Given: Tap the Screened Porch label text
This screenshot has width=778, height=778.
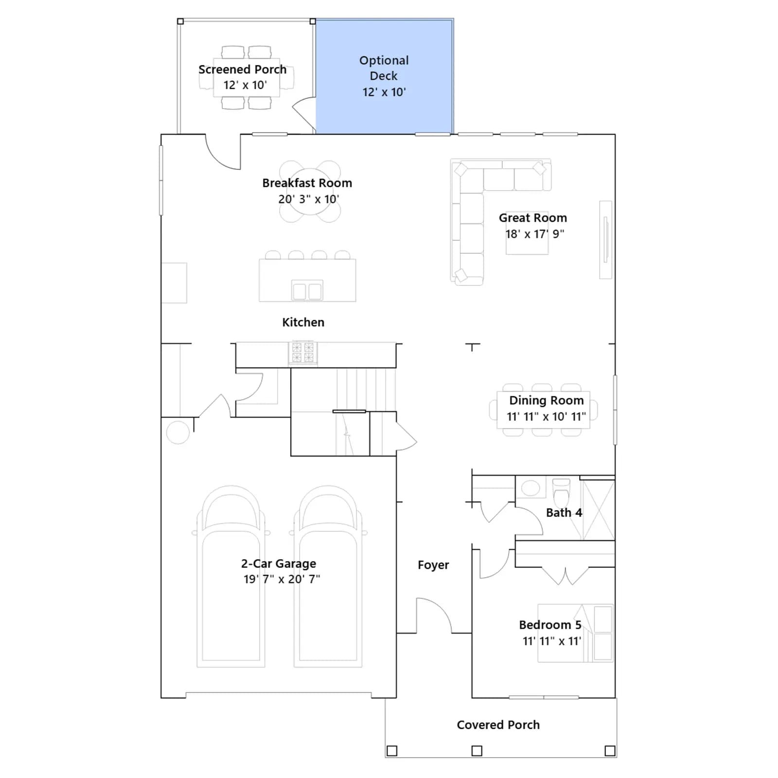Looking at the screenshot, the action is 242,70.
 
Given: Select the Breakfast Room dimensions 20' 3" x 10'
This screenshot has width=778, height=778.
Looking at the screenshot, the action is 309,199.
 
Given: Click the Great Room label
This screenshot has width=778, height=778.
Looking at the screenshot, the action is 533,218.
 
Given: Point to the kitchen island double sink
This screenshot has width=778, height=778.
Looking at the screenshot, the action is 307,291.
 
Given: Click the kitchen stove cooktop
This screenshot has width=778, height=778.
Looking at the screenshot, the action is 302,353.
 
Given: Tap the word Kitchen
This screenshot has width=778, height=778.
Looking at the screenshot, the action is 303,322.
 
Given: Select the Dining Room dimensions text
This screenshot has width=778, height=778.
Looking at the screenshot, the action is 546,417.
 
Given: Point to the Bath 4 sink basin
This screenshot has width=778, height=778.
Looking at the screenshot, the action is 530,488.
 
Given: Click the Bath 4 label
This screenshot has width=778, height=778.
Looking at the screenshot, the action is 564,513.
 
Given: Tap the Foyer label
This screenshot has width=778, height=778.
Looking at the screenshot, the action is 433,565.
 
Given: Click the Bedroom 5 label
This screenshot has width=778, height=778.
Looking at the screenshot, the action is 550,625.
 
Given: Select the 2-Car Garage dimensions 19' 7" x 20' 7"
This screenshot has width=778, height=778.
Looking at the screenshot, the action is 282,579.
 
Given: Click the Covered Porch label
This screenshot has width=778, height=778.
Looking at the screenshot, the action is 498,725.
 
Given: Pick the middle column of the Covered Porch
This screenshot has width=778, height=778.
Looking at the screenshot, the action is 477,751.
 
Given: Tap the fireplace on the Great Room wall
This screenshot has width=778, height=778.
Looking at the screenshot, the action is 605,240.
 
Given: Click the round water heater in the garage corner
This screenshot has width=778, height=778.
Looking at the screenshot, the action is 177,432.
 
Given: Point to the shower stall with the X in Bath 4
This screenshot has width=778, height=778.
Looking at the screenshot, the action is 599,510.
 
